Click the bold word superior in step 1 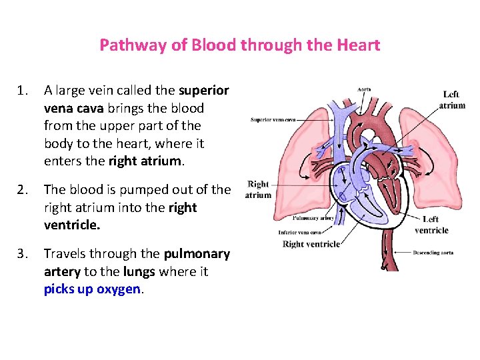coord(203,90)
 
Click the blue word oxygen coord(119,289)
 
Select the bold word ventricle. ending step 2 coord(72,225)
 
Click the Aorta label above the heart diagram coord(365,89)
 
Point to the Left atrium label coord(453,100)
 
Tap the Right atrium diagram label coord(258,189)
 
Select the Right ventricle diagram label coord(311,244)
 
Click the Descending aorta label coord(433,253)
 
